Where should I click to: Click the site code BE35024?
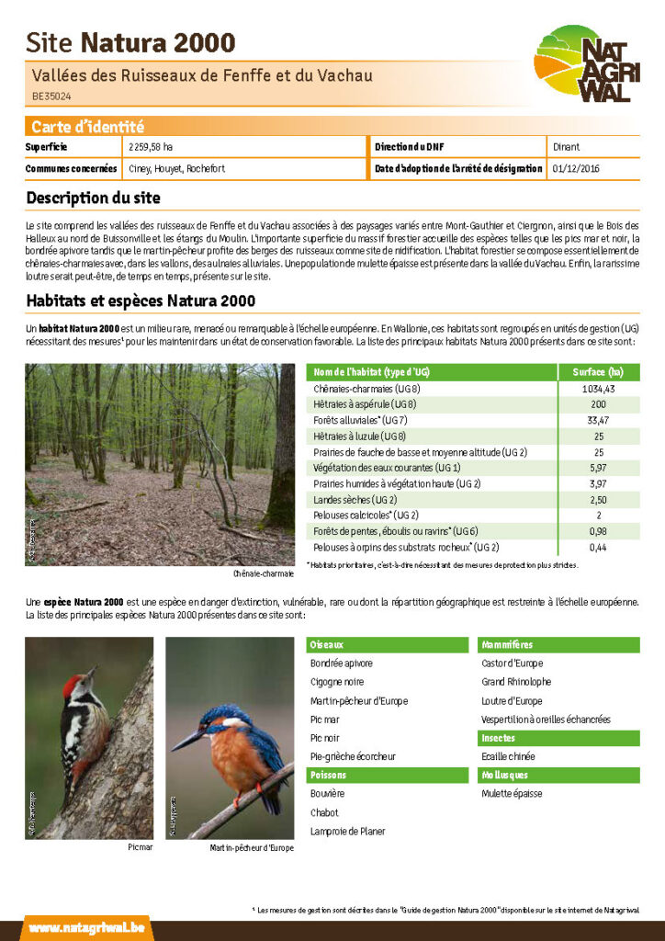(x=51, y=95)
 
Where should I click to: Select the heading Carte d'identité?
(x=87, y=127)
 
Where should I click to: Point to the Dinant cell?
(x=566, y=147)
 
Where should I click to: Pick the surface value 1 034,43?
(x=598, y=389)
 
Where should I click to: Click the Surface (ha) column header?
(x=598, y=372)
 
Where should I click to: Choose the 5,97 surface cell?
(x=598, y=468)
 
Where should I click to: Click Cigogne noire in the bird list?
(x=337, y=682)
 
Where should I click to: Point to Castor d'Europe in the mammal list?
(x=512, y=663)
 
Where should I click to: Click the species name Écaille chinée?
(x=508, y=756)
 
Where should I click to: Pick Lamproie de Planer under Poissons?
(x=347, y=831)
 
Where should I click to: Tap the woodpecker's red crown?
(x=72, y=685)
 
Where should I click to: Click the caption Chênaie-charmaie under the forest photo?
(x=264, y=573)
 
